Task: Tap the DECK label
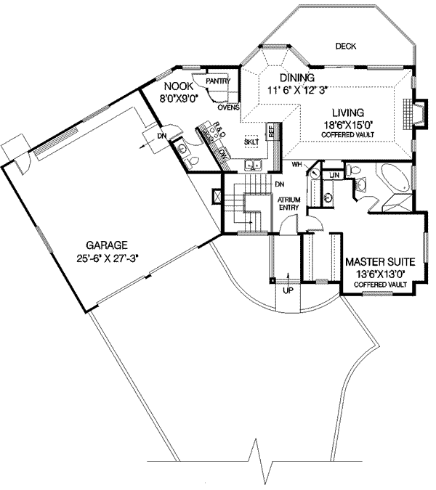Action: pos(345,46)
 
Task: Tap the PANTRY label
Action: pos(218,81)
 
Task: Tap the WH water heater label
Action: pos(296,165)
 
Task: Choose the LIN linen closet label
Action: pos(334,176)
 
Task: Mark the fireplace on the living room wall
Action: pos(417,114)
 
